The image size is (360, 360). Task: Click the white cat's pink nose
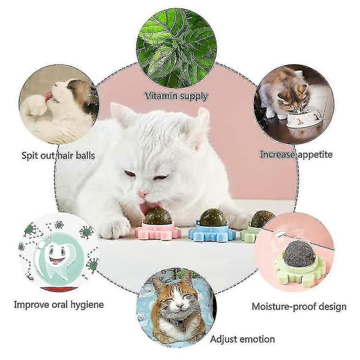pos(143,194)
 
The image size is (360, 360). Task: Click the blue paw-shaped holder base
pos(211,231)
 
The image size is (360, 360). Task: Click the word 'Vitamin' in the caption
pos(161,96)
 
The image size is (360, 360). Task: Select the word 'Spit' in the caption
pos(29,155)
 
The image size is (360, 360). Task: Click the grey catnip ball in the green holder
pos(295,254)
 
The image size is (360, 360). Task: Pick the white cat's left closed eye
pos(130,173)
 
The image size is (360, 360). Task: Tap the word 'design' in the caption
pos(335,307)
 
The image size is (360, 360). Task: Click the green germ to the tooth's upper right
pos(86,232)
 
